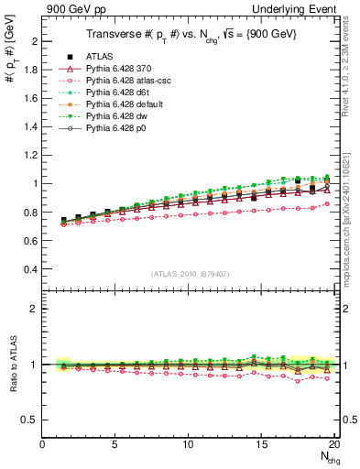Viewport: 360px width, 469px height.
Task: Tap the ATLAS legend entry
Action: pyautogui.click(x=108, y=57)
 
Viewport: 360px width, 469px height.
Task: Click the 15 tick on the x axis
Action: pyautogui.click(x=262, y=444)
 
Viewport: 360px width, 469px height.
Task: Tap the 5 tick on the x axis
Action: pyautogui.click(x=115, y=444)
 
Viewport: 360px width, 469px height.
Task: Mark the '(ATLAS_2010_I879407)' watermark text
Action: pyautogui.click(x=190, y=272)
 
